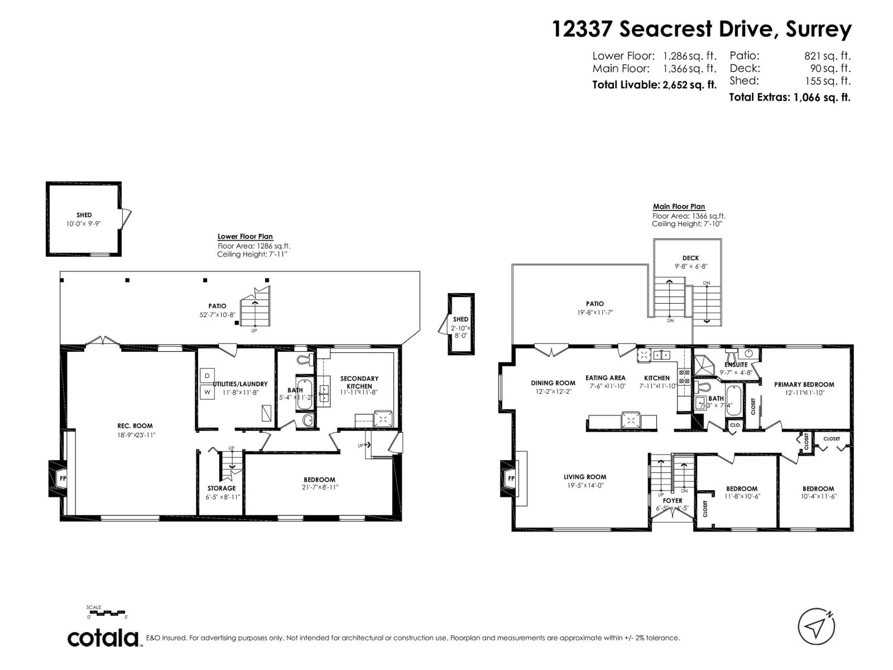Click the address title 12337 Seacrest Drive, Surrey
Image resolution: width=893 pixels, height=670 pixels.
(702, 29)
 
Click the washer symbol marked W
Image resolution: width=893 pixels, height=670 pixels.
(207, 391)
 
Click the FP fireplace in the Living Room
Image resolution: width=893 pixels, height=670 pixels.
(510, 478)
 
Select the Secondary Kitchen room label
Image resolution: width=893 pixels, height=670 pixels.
(359, 382)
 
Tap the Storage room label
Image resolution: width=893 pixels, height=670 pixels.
(222, 488)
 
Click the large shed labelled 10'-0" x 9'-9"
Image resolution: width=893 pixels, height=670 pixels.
(84, 219)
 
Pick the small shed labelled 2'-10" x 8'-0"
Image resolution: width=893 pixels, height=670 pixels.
(460, 324)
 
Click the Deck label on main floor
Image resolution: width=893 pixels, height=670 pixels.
(690, 258)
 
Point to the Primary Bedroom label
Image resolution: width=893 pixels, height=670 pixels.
(804, 384)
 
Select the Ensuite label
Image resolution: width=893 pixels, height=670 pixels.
(736, 365)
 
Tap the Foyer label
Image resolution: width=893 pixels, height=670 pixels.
(673, 501)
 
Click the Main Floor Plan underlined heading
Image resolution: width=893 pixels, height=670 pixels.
(679, 207)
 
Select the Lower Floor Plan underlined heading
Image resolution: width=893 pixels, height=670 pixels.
(245, 237)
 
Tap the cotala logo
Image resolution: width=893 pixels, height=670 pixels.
(103, 638)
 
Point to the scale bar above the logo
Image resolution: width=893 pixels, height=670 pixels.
(108, 613)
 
